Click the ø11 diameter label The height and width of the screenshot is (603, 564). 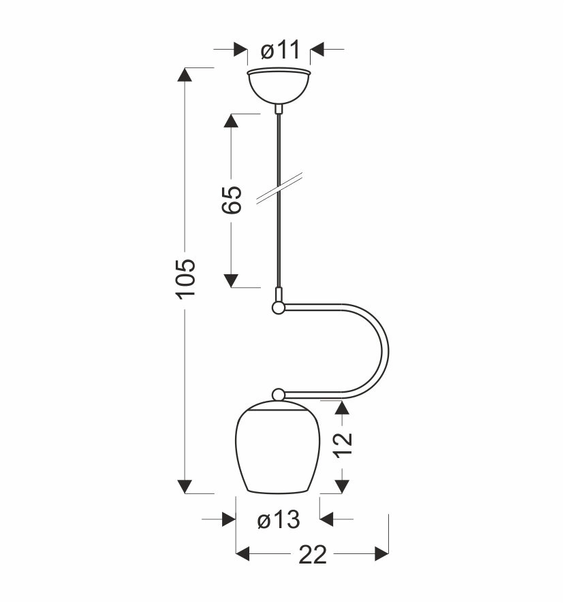coord(280,50)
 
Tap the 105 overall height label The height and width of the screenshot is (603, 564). coord(186,279)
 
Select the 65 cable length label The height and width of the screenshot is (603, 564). coord(232,199)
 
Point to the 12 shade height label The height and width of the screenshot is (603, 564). coord(343,444)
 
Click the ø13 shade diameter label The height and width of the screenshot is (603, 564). coord(279,519)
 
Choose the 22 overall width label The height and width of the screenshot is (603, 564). coord(312,555)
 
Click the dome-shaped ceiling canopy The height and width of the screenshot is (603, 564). coord(279,86)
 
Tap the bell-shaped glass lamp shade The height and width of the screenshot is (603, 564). coord(277,447)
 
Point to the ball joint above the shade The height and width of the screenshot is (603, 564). coord(278,395)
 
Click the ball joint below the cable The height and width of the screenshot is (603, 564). coord(278,308)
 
